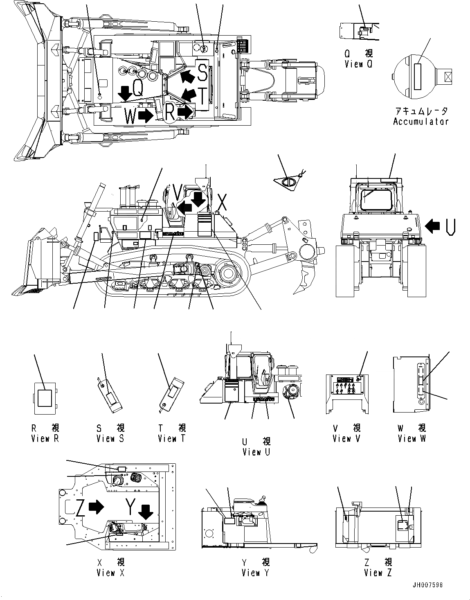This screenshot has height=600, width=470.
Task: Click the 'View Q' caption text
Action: (358, 64)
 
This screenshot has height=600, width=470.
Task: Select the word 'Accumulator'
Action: (421, 122)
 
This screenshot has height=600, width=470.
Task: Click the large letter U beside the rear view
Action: (450, 227)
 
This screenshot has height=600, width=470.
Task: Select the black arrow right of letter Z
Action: (96, 507)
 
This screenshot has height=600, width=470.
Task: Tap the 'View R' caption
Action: (45, 438)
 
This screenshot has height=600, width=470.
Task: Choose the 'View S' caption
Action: (110, 438)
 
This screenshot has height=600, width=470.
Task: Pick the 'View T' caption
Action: (172, 438)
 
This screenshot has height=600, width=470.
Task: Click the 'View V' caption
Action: (347, 438)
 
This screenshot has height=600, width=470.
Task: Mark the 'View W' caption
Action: (412, 438)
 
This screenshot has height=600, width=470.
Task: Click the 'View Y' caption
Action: (255, 573)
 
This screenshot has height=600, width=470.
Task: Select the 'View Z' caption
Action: (378, 573)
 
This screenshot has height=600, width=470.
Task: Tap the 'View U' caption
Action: (256, 452)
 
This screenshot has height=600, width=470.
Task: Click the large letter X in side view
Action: (221, 203)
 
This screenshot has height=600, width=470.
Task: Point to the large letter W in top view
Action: (130, 117)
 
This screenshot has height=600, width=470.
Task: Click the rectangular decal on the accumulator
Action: (417, 77)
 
